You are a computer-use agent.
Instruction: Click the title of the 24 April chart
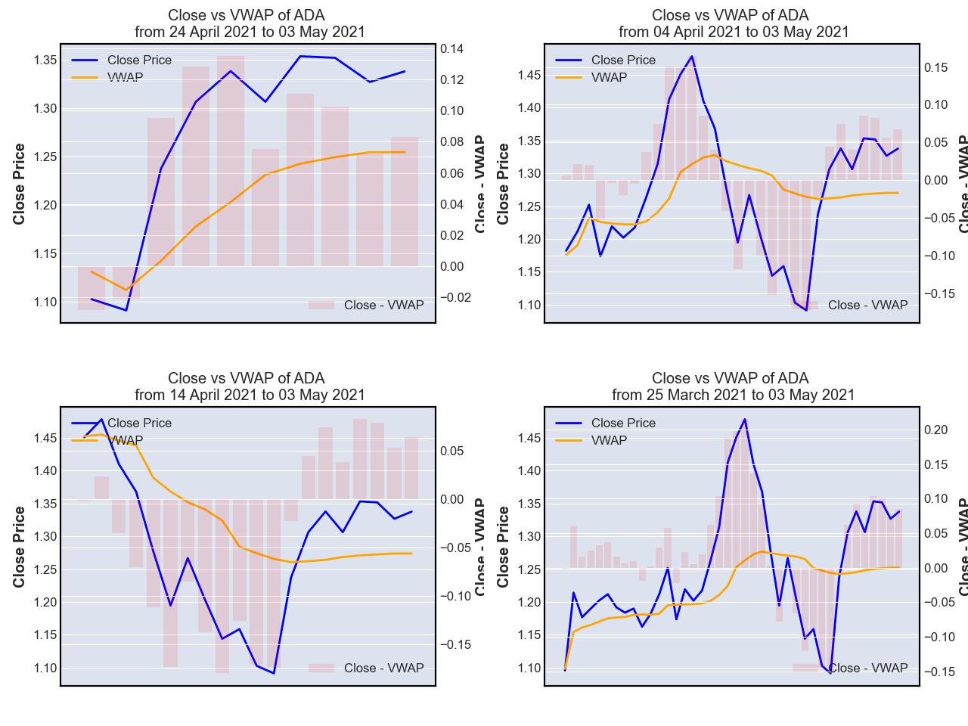pos(250,23)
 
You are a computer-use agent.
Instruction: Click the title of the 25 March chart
pos(733,386)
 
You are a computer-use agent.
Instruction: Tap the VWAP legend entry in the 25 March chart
pos(609,440)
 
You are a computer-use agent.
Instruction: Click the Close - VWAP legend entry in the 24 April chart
pos(383,305)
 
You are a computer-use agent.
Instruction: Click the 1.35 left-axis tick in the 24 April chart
pos(45,60)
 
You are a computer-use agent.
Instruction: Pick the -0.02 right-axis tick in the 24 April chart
pos(455,298)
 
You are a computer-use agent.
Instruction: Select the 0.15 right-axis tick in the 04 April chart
pos(935,67)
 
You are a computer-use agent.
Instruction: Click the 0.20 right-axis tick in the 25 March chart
pos(935,430)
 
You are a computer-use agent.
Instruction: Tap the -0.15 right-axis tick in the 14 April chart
pos(455,644)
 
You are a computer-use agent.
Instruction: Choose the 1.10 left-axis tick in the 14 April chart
pos(45,668)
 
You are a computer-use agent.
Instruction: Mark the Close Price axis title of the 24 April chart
pos(20,184)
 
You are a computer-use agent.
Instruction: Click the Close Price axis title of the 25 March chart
pos(504,547)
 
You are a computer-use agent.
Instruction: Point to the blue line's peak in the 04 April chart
pos(691,56)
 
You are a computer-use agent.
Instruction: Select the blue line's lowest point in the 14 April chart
pos(273,673)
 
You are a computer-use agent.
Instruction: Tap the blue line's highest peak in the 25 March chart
pos(745,419)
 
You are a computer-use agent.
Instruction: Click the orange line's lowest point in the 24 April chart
pos(126,290)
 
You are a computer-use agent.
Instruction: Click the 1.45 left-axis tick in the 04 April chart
pos(529,75)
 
